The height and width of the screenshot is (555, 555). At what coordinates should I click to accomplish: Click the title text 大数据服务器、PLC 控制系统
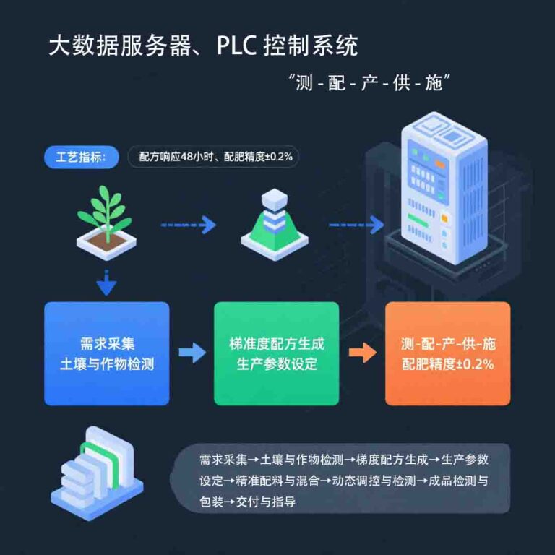coord(203,46)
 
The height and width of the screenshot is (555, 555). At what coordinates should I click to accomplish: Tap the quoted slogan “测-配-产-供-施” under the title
coord(374,82)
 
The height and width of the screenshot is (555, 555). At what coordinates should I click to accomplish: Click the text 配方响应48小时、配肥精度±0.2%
coord(214,156)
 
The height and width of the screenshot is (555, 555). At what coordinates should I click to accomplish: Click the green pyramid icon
coord(273,221)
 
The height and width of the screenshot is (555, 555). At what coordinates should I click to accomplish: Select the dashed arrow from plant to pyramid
coord(188,225)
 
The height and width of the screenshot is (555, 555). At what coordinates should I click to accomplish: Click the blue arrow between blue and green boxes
coord(192,353)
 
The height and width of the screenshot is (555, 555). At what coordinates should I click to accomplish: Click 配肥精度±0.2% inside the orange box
coord(448,364)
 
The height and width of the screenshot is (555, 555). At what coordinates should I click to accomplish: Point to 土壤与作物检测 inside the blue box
coord(106,364)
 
